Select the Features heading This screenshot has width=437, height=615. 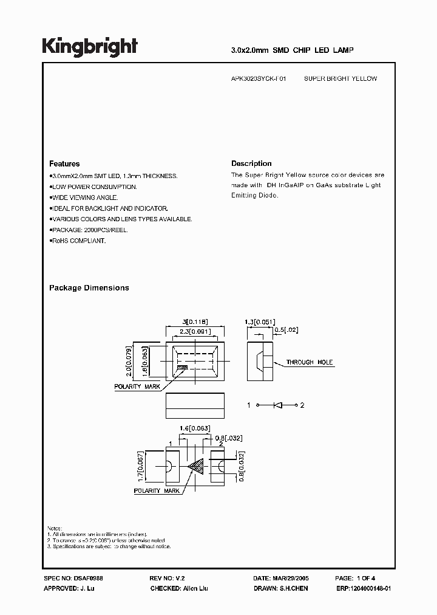click(64, 164)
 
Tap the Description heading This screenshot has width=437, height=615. click(251, 164)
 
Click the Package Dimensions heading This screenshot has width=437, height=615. click(89, 288)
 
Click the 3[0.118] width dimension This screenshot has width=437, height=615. click(195, 322)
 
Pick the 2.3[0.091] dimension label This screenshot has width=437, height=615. click(195, 331)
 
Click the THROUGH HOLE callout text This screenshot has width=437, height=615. click(310, 363)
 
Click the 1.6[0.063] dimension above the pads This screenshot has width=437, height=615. click(195, 428)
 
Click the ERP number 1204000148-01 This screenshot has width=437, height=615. click(370, 589)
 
